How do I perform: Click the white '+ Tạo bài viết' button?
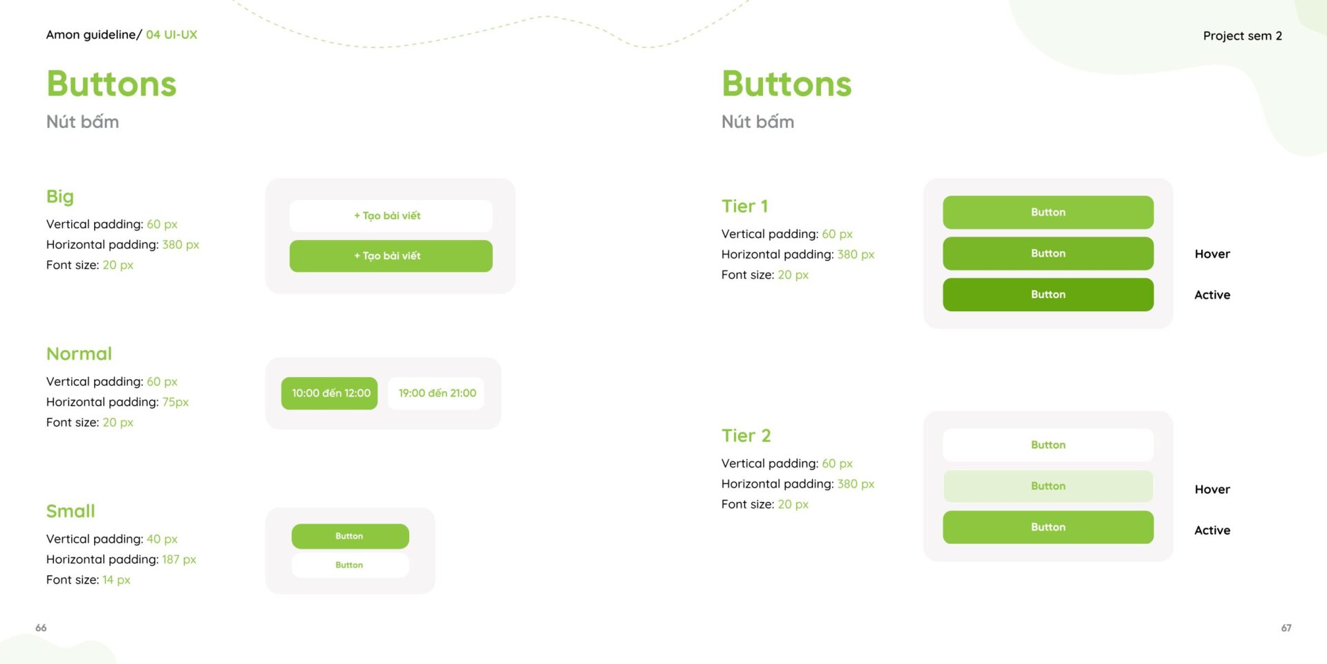pyautogui.click(x=390, y=216)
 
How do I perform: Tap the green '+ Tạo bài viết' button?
pyautogui.click(x=390, y=256)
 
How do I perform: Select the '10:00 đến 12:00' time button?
pyautogui.click(x=330, y=393)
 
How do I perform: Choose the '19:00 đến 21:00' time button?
pyautogui.click(x=436, y=393)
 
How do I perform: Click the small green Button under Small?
pyautogui.click(x=350, y=536)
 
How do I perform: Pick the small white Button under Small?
pyautogui.click(x=350, y=565)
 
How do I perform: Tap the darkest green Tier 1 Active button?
pyautogui.click(x=1048, y=295)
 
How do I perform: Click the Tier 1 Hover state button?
pyautogui.click(x=1048, y=253)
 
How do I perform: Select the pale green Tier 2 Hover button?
pyautogui.click(x=1048, y=486)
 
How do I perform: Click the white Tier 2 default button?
pyautogui.click(x=1048, y=445)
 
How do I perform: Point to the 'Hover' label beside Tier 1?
pyautogui.click(x=1212, y=254)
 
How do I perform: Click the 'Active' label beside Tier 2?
pyautogui.click(x=1212, y=531)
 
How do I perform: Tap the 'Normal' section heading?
pyautogui.click(x=79, y=353)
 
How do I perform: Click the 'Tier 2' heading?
pyautogui.click(x=746, y=436)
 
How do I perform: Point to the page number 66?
pyautogui.click(x=41, y=628)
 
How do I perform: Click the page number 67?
pyautogui.click(x=1286, y=628)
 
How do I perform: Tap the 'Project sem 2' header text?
pyautogui.click(x=1243, y=36)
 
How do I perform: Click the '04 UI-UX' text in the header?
pyautogui.click(x=171, y=35)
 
